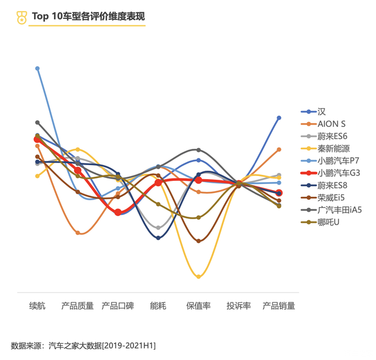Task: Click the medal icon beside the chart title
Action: click(x=21, y=17)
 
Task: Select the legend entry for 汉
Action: click(x=321, y=112)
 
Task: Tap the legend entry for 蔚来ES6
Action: click(x=332, y=136)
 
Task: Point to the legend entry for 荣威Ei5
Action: click(x=331, y=197)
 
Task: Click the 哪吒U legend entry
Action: click(x=328, y=222)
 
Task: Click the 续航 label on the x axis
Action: click(x=38, y=306)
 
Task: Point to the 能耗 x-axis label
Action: click(x=158, y=306)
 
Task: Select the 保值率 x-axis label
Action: click(x=198, y=306)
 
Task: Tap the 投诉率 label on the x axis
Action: click(x=238, y=306)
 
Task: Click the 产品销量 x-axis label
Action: click(x=279, y=306)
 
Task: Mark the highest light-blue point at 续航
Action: click(x=38, y=68)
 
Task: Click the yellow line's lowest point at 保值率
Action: click(x=198, y=276)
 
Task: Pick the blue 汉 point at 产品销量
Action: click(x=279, y=118)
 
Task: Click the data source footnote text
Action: click(x=83, y=345)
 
